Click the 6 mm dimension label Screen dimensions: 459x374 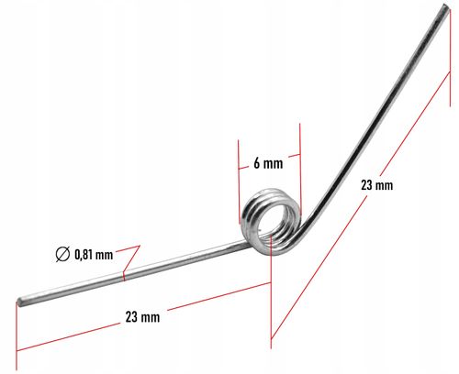click(x=268, y=163)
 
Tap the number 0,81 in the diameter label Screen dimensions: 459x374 click(x=84, y=254)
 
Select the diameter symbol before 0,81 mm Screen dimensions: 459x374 click(x=62, y=254)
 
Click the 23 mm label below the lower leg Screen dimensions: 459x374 click(x=142, y=317)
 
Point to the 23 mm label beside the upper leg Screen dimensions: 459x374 click(x=376, y=185)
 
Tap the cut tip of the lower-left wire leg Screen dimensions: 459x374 click(x=20, y=302)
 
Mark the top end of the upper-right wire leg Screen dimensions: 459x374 click(x=447, y=7)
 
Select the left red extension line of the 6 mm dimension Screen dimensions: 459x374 click(x=239, y=181)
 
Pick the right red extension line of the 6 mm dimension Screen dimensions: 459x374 click(x=300, y=169)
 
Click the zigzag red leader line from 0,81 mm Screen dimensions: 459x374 click(x=129, y=258)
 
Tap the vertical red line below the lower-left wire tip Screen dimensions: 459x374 click(x=17, y=335)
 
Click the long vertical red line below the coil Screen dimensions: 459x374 click(x=271, y=291)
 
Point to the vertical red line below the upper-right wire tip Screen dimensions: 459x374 click(x=450, y=58)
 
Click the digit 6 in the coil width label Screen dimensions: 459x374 click(x=257, y=163)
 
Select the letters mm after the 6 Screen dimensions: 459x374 click(x=274, y=164)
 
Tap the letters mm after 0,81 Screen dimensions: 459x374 click(x=104, y=255)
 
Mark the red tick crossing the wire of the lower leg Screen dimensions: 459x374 click(x=124, y=276)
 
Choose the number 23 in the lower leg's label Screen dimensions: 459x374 click(x=131, y=317)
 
